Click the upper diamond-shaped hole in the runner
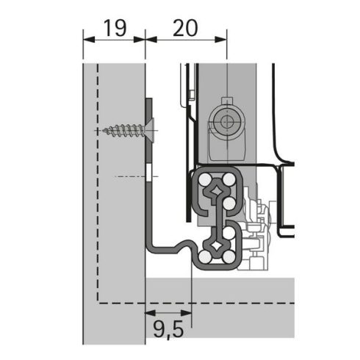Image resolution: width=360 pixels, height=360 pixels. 218,191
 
